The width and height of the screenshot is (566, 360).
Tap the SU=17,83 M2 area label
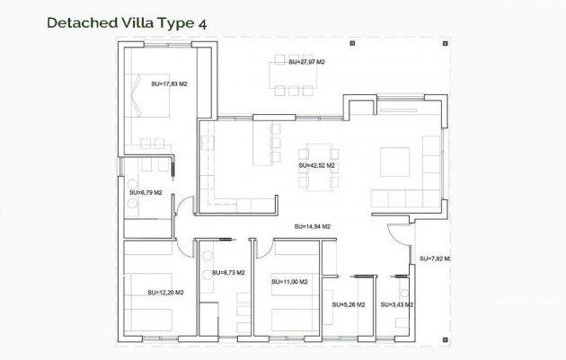(x=169, y=83)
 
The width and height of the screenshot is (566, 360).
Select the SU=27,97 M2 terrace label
(x=306, y=62)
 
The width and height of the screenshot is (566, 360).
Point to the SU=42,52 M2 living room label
(x=316, y=165)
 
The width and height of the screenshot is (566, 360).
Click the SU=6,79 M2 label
(x=146, y=191)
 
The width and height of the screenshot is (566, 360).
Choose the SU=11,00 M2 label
(x=289, y=282)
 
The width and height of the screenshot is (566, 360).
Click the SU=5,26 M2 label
(x=348, y=304)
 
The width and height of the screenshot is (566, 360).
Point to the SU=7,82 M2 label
(x=435, y=259)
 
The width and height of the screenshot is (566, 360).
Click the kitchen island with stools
(x=262, y=144)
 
